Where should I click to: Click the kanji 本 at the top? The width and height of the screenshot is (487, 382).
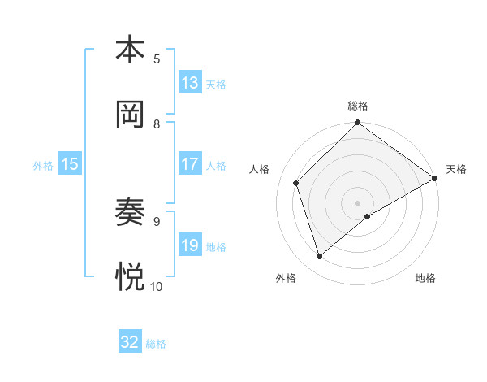tap(130, 50)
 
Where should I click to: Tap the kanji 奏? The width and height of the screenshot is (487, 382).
tap(130, 212)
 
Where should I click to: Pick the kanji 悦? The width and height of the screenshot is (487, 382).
tap(130, 277)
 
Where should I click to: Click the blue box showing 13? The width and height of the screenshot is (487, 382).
tap(190, 83)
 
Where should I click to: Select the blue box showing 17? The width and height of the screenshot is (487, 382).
tap(190, 164)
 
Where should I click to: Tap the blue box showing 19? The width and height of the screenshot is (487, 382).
tap(190, 245)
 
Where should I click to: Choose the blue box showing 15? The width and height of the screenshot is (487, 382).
tap(70, 164)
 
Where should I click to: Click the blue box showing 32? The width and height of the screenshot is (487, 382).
tap(130, 342)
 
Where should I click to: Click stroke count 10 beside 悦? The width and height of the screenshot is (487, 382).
tap(157, 286)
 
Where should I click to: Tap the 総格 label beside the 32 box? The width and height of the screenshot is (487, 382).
tap(156, 344)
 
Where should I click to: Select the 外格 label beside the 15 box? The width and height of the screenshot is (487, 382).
tap(43, 165)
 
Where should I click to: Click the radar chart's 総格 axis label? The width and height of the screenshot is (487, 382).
tap(358, 106)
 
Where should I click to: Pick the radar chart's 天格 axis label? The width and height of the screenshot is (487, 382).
tap(456, 169)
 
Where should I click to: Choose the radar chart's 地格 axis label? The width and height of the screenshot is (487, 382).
tap(425, 278)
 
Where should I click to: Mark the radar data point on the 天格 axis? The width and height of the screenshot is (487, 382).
tap(434, 178)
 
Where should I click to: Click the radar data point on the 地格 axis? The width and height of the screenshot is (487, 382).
tap(368, 216)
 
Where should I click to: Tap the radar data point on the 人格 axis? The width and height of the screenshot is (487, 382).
tap(296, 183)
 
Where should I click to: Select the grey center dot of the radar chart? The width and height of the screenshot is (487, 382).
tap(358, 202)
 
